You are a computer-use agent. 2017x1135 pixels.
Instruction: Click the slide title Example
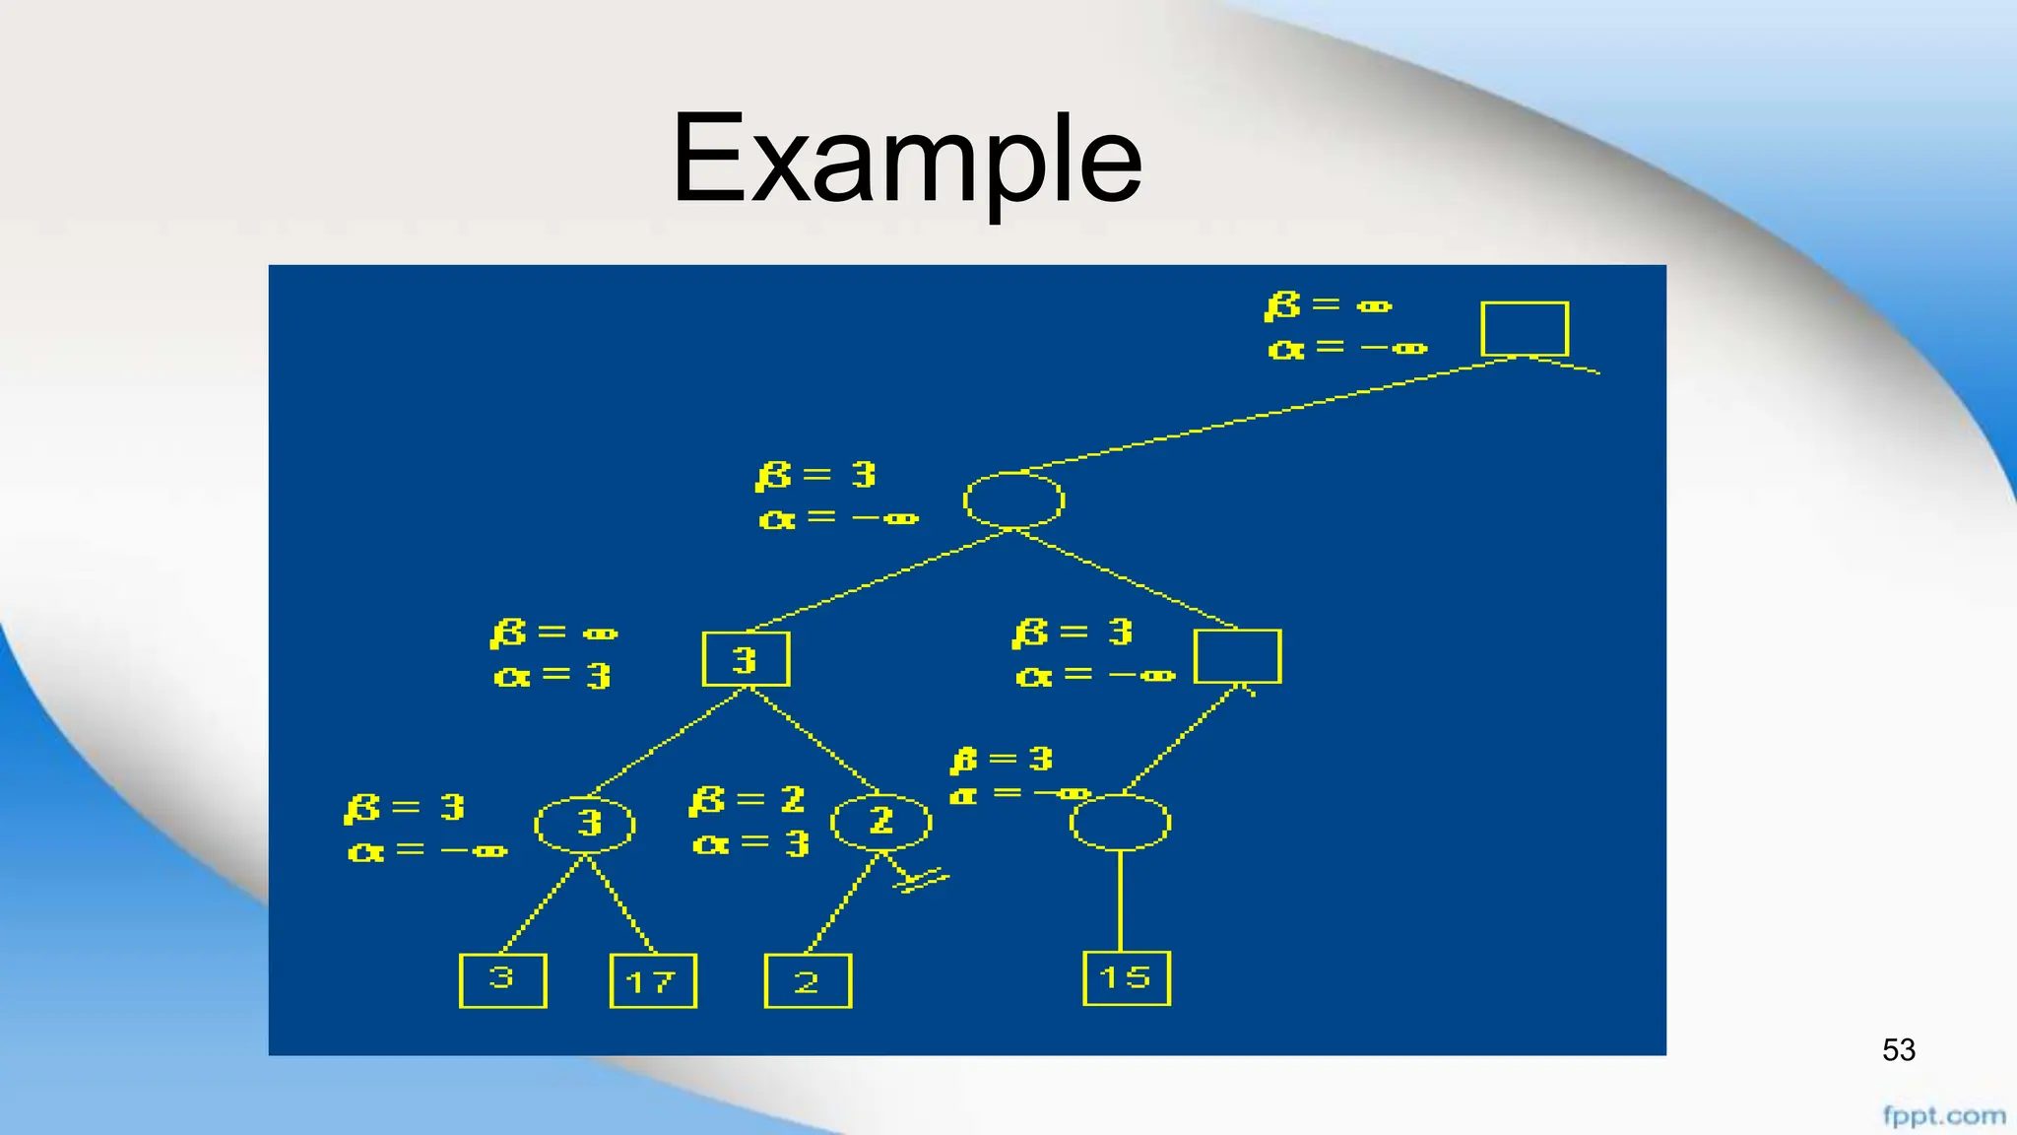(906, 160)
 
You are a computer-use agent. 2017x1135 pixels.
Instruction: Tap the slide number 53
(1898, 1050)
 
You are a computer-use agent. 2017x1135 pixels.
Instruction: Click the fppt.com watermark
(1943, 1116)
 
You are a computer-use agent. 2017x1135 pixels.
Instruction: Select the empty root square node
(1525, 329)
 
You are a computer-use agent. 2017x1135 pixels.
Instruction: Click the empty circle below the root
(1013, 501)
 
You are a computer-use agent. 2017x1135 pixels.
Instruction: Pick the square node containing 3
(746, 659)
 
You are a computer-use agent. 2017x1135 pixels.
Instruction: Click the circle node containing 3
(585, 824)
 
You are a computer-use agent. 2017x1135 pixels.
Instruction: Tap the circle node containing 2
(880, 822)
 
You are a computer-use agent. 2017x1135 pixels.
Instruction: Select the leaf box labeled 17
(653, 981)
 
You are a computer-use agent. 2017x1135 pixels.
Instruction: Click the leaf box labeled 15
(1126, 978)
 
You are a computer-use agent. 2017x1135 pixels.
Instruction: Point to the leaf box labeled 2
(808, 981)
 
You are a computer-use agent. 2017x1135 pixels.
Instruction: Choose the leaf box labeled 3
(502, 980)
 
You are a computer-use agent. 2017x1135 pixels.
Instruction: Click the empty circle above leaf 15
(1120, 823)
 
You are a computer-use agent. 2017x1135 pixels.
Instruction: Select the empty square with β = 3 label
(1237, 656)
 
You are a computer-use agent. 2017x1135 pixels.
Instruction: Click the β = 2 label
(747, 800)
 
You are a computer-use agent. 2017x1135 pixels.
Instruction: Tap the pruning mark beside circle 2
(918, 877)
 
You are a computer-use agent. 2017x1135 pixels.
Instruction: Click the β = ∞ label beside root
(1328, 305)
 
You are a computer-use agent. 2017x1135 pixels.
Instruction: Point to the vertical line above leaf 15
(1121, 901)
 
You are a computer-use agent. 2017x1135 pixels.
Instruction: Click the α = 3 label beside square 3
(552, 676)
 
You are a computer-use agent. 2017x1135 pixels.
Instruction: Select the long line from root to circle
(1270, 414)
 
